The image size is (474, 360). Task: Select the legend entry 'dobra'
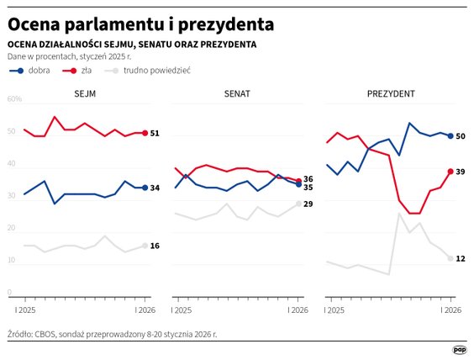coord(39,71)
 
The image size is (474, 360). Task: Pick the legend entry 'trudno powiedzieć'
coord(156,71)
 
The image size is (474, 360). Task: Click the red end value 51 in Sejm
coord(155,133)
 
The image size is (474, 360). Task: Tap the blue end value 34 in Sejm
coord(155,188)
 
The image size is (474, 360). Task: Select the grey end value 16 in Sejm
coord(155,246)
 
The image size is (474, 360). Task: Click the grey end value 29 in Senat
coord(308,204)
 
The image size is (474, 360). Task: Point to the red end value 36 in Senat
coord(308,178)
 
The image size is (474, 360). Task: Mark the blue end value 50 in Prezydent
coord(461,136)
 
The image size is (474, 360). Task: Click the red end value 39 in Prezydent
coord(461,172)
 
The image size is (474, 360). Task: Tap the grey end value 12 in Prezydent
coord(461,258)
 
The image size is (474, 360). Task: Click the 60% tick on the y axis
coord(14,99)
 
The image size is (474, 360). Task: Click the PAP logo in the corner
coord(460,349)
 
